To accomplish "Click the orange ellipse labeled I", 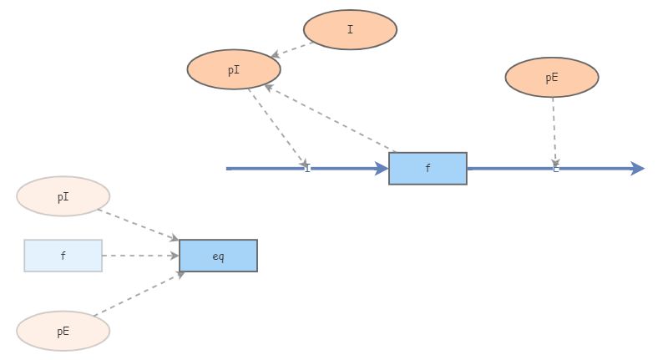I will [350, 30].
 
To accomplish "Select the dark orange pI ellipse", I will [234, 70].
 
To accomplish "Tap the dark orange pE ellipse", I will [552, 78].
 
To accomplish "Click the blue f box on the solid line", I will [428, 169].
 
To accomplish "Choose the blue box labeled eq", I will [218, 256].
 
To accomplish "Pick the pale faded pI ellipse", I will [63, 197].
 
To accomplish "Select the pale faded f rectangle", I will [63, 256].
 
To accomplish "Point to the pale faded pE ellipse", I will [63, 332].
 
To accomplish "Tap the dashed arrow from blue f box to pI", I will [330, 118].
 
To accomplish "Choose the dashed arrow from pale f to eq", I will [140, 256].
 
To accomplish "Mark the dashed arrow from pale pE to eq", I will [138, 294].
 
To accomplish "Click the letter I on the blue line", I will [307, 170].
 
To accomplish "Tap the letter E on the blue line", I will [556, 170].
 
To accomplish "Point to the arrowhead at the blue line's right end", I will [638, 169].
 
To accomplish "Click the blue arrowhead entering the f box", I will [382, 169].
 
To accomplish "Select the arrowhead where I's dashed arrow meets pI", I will [276, 55].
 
